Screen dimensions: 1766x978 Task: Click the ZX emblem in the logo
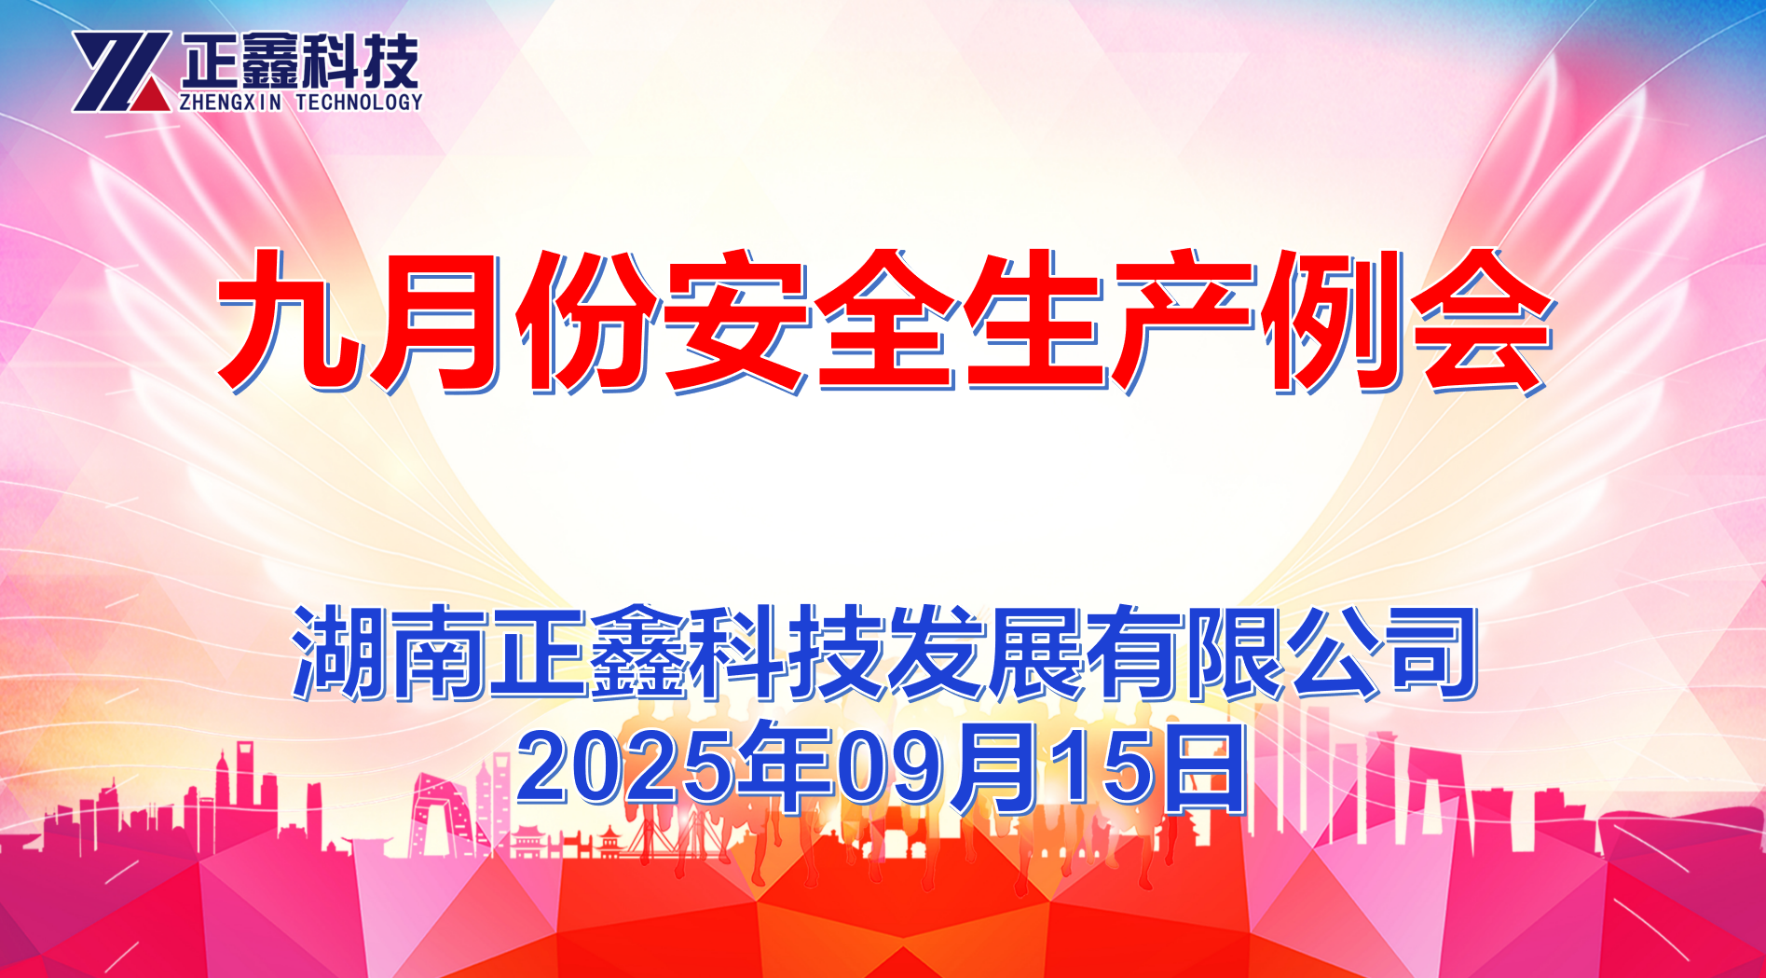click(121, 72)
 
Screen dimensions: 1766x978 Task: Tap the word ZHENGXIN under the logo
click(229, 102)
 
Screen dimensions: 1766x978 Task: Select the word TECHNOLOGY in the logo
click(359, 102)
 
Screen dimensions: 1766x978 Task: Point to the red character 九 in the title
click(290, 320)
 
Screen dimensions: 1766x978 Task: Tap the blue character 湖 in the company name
click(342, 653)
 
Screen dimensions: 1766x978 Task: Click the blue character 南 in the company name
click(442, 653)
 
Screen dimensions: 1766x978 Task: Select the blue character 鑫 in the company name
click(640, 653)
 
